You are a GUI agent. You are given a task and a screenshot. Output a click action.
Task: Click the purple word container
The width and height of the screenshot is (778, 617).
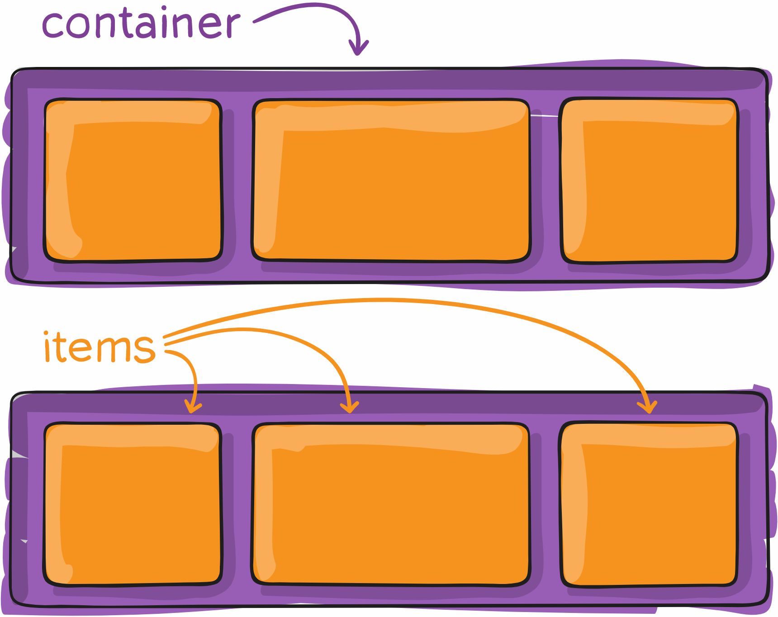click(x=140, y=24)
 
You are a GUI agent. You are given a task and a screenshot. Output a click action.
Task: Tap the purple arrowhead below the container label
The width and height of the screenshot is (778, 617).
click(x=358, y=48)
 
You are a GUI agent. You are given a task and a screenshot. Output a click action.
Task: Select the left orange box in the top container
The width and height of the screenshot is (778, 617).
click(x=133, y=180)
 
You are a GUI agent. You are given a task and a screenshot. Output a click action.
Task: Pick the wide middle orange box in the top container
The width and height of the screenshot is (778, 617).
click(x=391, y=180)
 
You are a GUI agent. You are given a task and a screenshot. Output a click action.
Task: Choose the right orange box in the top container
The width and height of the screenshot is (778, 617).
click(x=650, y=180)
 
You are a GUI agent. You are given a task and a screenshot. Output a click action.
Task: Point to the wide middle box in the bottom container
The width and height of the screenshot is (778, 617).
click(x=391, y=504)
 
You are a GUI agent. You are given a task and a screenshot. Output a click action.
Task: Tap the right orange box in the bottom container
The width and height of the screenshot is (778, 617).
click(x=650, y=504)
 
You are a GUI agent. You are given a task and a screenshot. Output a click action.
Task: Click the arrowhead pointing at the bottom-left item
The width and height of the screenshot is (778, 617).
click(x=193, y=407)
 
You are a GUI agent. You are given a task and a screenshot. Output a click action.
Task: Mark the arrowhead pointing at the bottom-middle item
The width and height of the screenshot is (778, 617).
click(x=350, y=407)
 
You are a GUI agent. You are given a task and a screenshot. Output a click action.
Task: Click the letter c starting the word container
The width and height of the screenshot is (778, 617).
click(x=53, y=26)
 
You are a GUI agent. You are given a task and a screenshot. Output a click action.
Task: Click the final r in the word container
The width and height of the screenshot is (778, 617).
click(x=232, y=26)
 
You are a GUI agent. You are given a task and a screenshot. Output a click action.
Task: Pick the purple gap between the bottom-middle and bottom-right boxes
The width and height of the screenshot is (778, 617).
click(x=545, y=504)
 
